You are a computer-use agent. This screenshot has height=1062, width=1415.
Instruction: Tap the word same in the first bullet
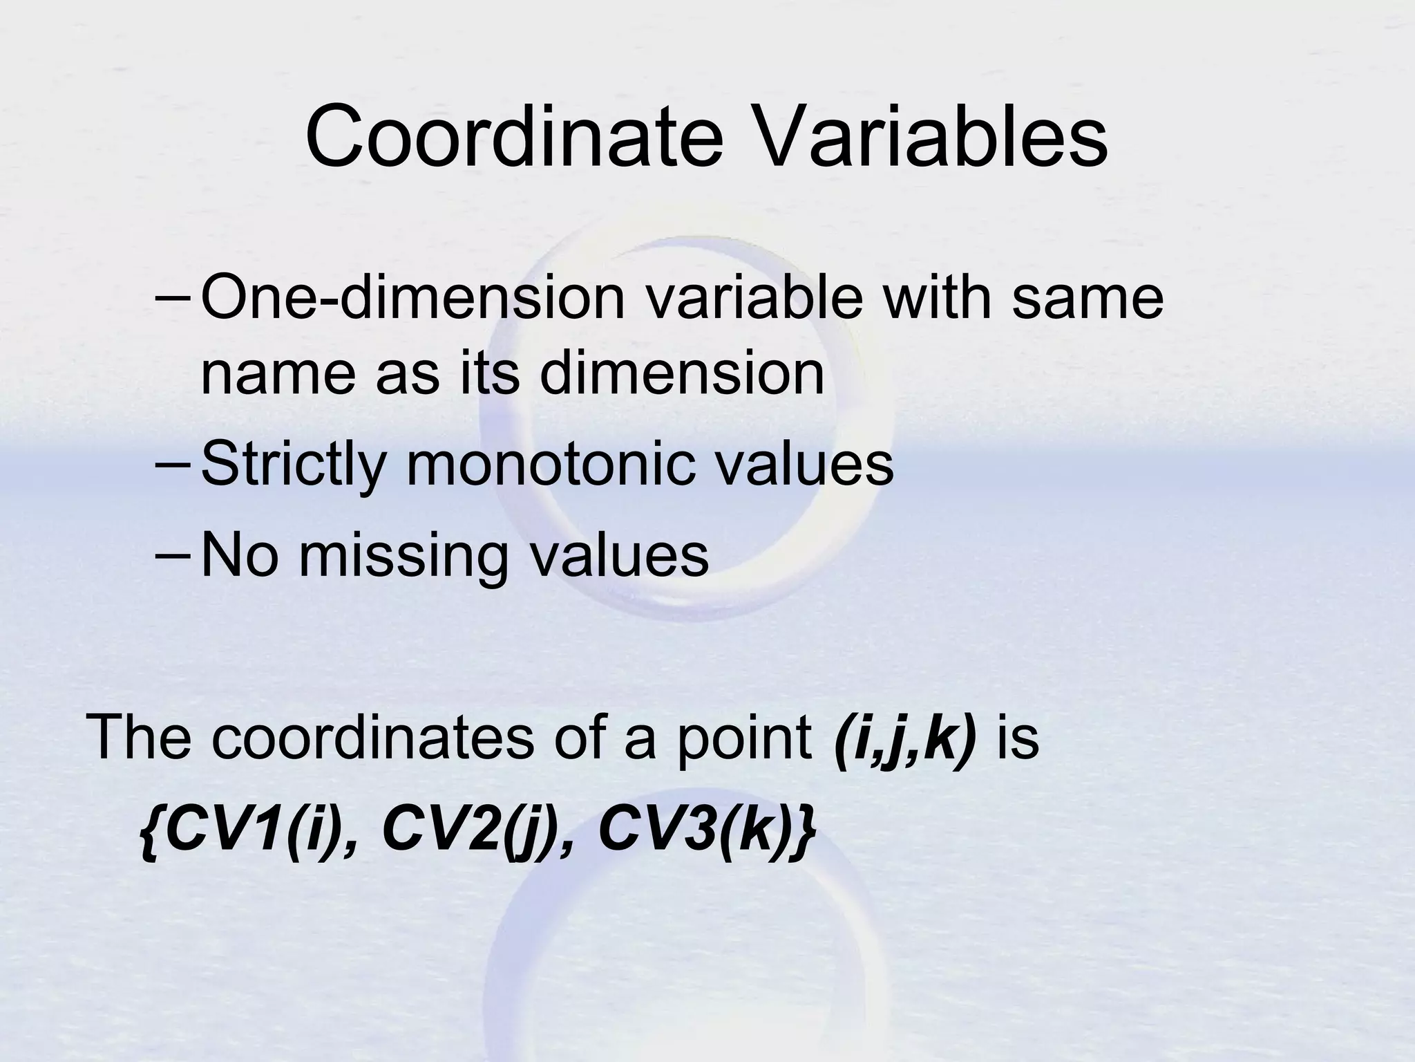(1088, 299)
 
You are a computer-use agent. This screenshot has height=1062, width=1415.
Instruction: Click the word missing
(403, 555)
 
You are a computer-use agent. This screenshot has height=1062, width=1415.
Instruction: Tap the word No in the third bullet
(238, 555)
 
